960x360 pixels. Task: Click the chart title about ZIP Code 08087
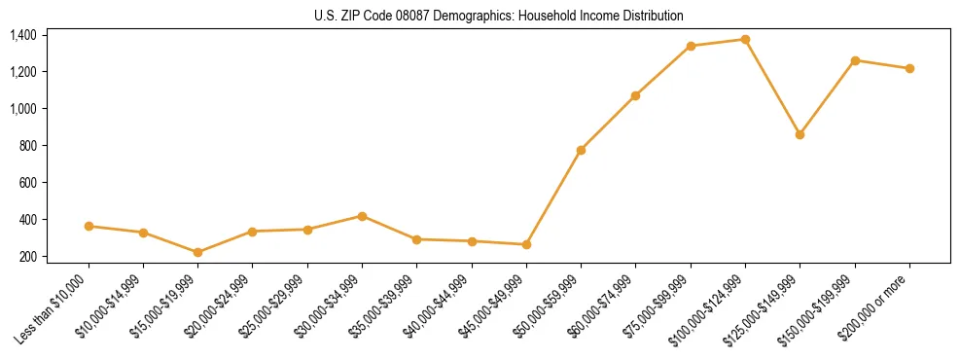[499, 17]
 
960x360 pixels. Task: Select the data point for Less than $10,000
[89, 226]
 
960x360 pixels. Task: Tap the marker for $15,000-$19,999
[197, 252]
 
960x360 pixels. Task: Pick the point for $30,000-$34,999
[362, 216]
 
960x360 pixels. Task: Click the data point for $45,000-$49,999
[526, 244]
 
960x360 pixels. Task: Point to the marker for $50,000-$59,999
[581, 150]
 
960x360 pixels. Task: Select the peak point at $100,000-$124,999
[745, 39]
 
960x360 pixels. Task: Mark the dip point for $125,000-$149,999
[800, 134]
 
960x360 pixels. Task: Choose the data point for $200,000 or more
[909, 68]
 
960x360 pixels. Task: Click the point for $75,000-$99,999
[691, 46]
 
